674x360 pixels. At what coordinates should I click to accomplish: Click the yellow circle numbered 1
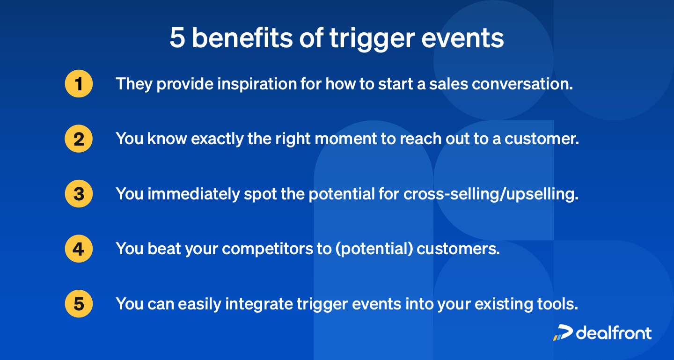point(79,84)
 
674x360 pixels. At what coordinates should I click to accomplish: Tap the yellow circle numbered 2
point(79,139)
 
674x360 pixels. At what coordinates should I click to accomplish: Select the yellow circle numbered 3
point(79,194)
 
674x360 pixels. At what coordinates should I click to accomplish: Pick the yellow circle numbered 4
point(79,249)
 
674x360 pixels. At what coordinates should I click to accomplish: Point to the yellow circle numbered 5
point(79,304)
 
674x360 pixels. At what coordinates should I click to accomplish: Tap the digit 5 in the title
point(177,38)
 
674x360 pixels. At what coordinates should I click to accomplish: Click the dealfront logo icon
point(562,332)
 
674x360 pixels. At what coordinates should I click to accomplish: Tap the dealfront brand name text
point(614,332)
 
